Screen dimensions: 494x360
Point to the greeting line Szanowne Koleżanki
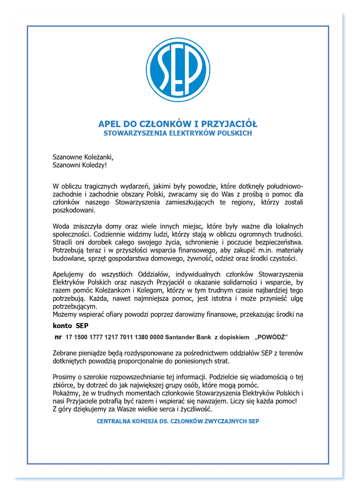[83, 157]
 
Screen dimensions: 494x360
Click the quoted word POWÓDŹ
[272, 337]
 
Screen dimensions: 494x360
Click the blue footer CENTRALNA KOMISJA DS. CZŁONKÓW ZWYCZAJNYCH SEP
[178, 421]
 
